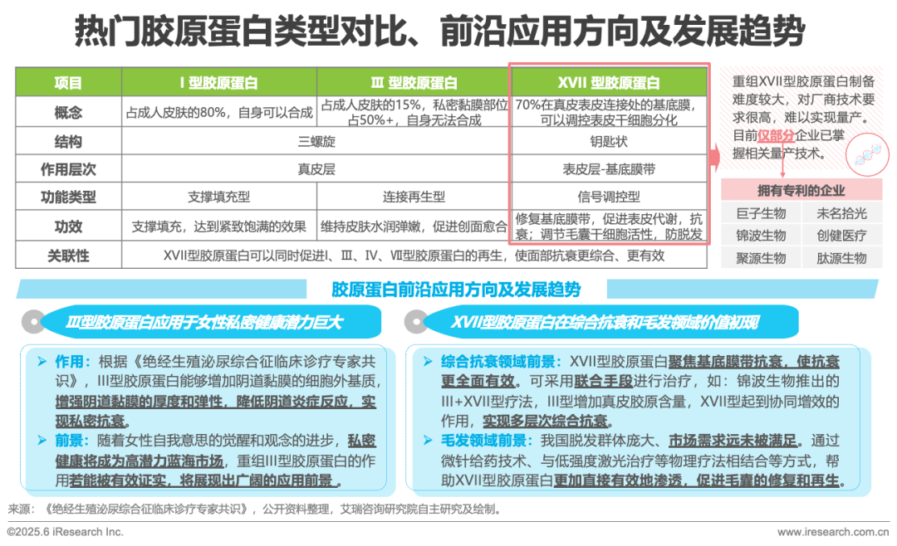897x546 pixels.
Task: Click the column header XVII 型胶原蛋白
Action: click(609, 83)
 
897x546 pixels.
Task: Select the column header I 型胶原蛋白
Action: click(218, 83)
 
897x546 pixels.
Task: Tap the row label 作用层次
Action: click(68, 169)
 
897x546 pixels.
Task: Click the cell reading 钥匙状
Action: click(609, 141)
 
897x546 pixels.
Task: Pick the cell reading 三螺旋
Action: click(316, 141)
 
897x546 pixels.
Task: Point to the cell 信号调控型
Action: click(609, 197)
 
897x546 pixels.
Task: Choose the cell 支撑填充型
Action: click(218, 197)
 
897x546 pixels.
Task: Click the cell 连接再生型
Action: click(414, 197)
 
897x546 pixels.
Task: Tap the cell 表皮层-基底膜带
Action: click(609, 169)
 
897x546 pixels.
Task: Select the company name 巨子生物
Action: click(761, 214)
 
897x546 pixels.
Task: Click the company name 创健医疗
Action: click(841, 236)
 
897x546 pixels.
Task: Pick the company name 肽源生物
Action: click(841, 258)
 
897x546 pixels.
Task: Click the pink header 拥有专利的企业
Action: click(801, 190)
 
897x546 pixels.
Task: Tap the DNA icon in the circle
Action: click(867, 154)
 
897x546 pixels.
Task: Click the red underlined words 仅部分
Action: click(776, 135)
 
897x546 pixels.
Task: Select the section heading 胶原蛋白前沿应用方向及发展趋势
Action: click(456, 290)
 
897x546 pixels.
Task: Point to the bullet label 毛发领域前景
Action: click(483, 441)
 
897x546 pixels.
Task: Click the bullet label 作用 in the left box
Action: click(69, 362)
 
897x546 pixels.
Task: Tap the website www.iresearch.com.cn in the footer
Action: click(833, 532)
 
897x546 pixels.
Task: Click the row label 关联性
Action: click(68, 256)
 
